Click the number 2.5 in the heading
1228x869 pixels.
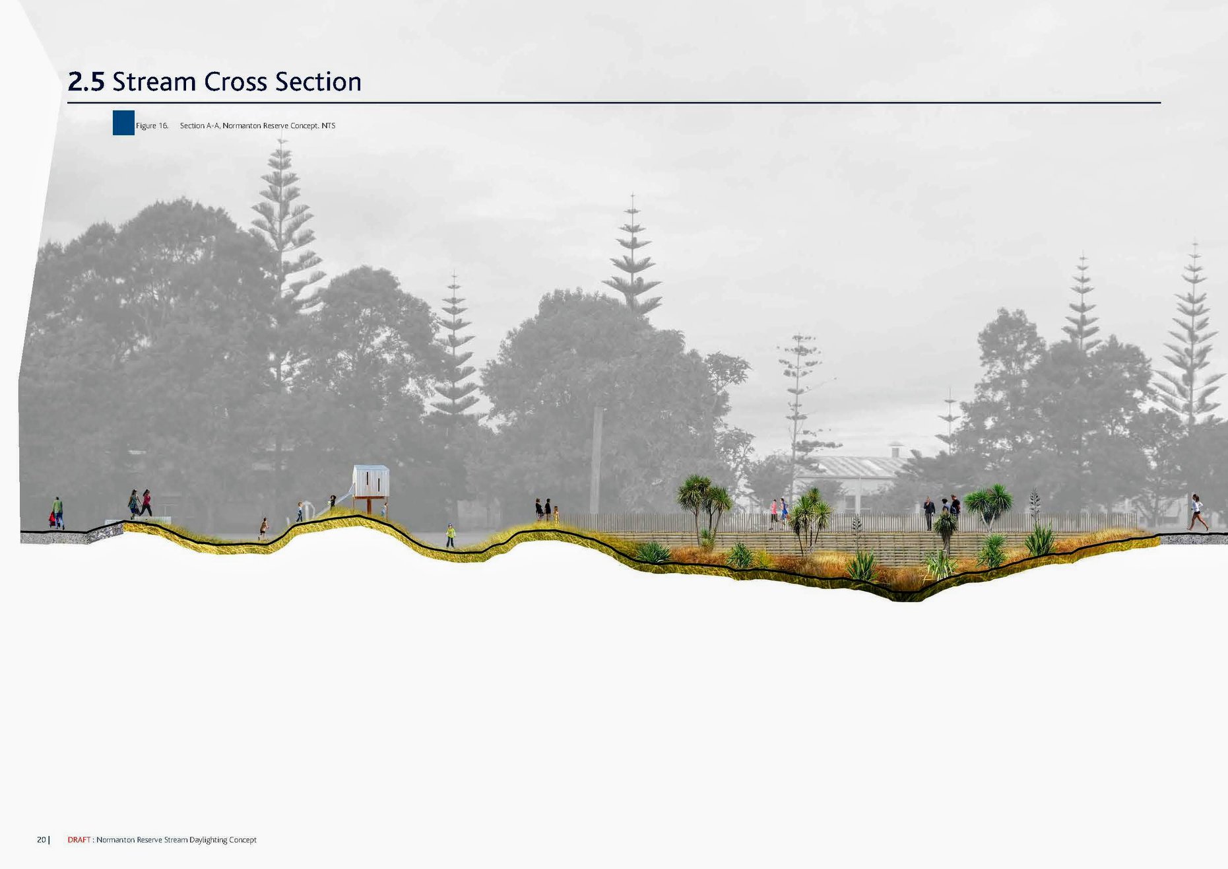86,82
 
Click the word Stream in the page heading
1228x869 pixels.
154,82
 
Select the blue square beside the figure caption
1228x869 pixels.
123,123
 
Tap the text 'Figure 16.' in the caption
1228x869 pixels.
152,125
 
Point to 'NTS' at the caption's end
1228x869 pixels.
329,125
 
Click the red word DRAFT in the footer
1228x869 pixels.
79,840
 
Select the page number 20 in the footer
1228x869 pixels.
42,840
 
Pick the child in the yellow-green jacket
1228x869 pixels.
451,536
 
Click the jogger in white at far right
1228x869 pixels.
1197,512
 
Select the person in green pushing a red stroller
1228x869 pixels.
57,513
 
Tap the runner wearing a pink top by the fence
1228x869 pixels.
774,514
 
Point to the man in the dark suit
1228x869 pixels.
929,513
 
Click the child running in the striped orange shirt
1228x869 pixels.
264,528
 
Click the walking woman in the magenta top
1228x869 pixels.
146,503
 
